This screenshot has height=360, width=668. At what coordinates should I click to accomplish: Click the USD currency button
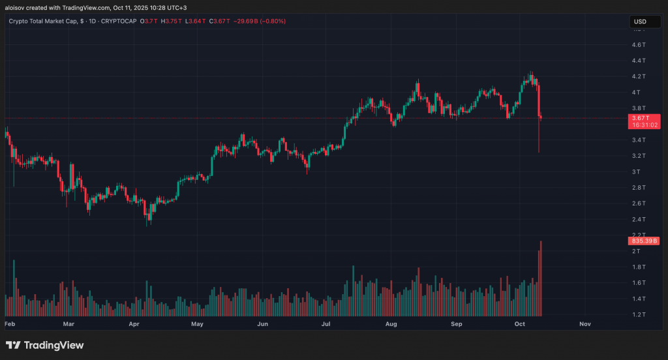coord(640,22)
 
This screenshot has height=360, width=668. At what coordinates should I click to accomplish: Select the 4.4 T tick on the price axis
coord(639,61)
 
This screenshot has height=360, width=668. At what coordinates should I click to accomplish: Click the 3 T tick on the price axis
coord(637,172)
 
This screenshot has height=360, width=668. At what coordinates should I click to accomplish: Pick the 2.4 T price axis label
coord(639,219)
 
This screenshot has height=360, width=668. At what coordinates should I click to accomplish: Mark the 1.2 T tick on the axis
coord(639,314)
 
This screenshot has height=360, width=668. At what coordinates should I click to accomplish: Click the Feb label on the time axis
coord(10,323)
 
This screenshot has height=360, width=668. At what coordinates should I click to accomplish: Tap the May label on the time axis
coord(197,323)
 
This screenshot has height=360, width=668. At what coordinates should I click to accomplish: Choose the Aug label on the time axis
coord(391,323)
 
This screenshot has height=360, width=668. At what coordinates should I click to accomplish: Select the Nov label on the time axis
coord(584,323)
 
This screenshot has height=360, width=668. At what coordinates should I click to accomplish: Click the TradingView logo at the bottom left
coord(44,345)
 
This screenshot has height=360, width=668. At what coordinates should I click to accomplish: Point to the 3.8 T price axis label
coord(639,108)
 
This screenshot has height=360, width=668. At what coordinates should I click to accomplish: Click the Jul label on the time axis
coord(326,323)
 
